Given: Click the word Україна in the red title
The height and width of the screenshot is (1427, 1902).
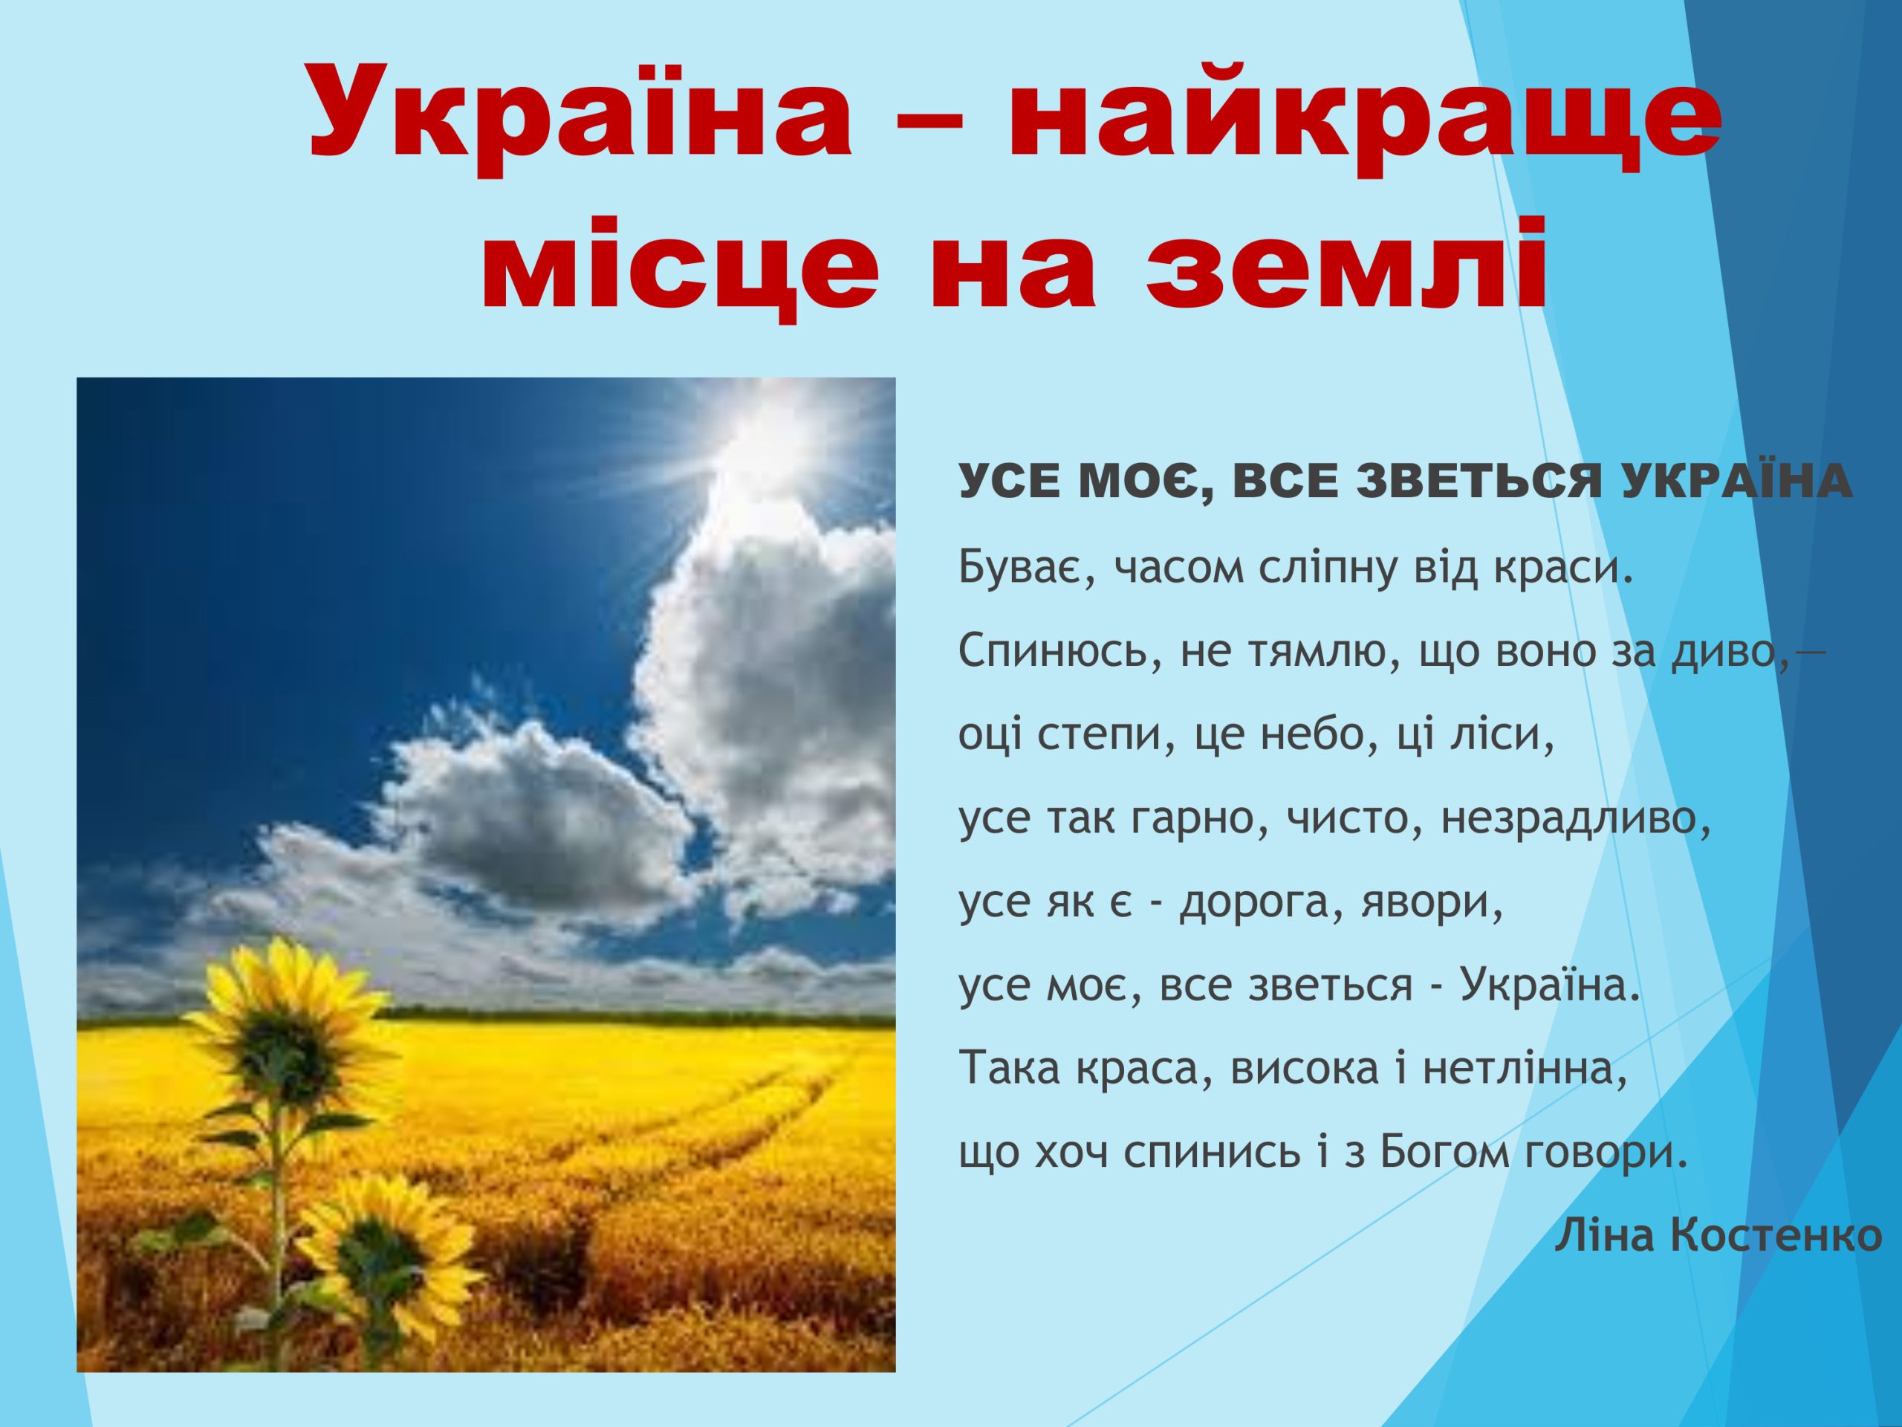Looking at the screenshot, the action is click(x=580, y=111).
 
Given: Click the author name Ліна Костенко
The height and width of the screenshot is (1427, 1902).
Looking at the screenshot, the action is click(x=1718, y=1235).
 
